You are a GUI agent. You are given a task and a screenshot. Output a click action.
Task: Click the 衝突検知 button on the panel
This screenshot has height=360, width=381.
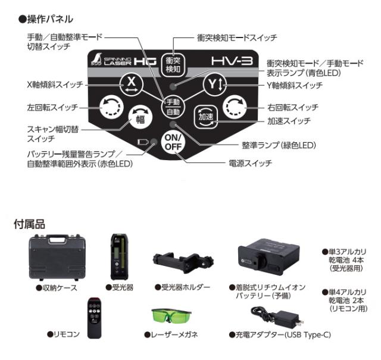[x=173, y=65]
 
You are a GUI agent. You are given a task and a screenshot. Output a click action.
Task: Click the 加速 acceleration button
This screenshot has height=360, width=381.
[x=204, y=117]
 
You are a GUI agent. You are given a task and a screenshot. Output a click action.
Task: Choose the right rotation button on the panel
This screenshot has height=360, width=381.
[x=233, y=107]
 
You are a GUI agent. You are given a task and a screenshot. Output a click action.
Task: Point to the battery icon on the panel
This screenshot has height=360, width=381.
[x=142, y=142]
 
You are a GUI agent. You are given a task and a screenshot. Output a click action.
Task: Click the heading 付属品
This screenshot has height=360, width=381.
[x=30, y=224]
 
